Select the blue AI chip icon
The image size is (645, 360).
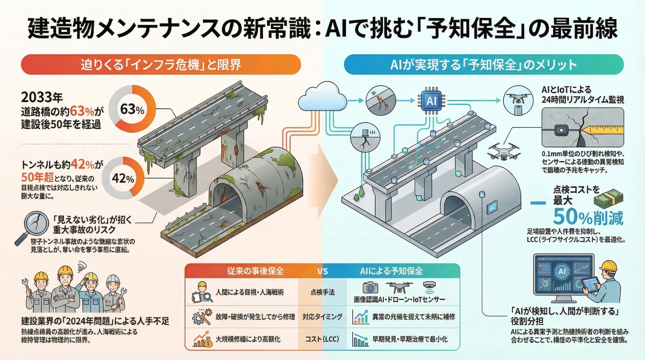pos(430,100)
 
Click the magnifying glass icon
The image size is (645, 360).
pos(29,227)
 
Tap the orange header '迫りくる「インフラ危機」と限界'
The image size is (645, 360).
pos(161,64)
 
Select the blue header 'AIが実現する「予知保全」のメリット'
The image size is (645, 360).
pos(484,64)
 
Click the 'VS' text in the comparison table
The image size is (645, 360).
pos(322,271)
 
